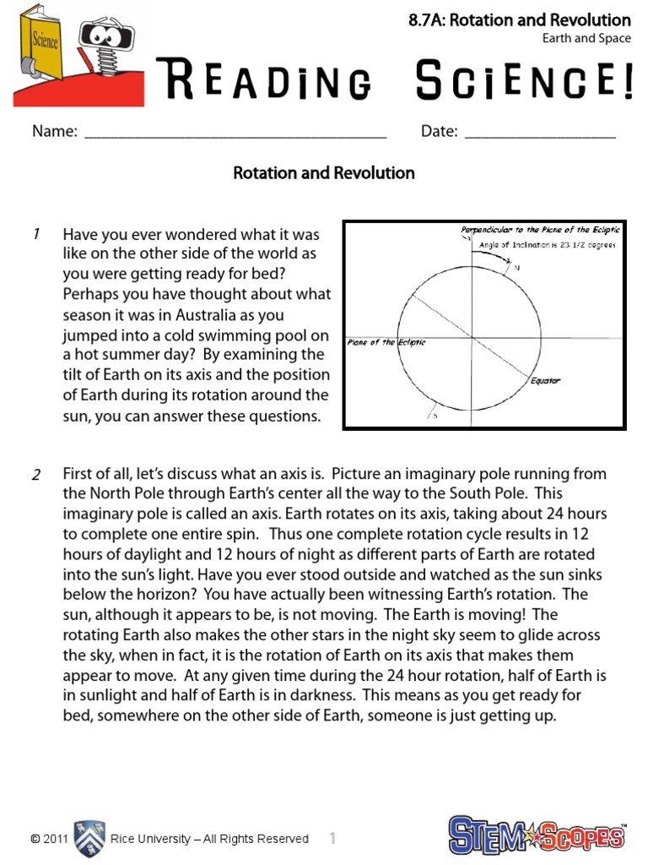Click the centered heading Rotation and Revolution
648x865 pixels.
click(324, 173)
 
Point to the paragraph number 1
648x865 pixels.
click(36, 235)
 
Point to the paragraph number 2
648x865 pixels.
click(36, 475)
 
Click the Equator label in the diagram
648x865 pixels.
click(545, 380)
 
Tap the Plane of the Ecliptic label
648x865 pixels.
click(386, 342)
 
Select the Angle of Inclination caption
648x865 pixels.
click(548, 245)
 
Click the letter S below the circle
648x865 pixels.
click(435, 416)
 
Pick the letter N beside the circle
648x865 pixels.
click(517, 267)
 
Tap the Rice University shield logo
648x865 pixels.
click(89, 838)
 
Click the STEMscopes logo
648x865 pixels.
click(537, 835)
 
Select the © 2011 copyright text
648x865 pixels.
click(49, 839)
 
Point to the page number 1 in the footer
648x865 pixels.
click(333, 839)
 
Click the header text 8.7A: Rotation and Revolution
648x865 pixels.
click(519, 20)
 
